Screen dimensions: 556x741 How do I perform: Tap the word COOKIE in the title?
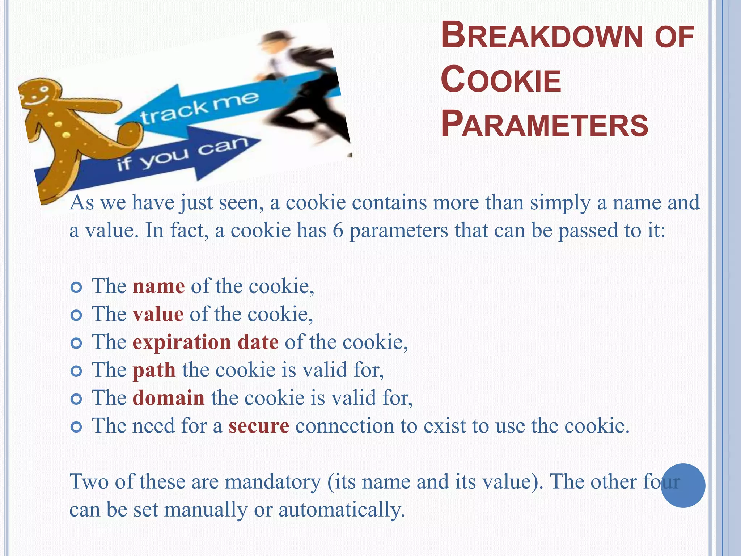[x=501, y=80]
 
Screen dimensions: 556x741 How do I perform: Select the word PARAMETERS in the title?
[x=545, y=125]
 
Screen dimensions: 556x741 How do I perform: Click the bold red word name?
[x=159, y=286]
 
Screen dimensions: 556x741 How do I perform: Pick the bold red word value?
[x=158, y=314]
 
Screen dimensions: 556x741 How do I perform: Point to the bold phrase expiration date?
[x=206, y=342]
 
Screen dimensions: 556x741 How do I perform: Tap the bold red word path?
[x=154, y=370]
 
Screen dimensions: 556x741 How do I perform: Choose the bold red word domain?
[x=169, y=398]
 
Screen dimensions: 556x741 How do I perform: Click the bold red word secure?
[x=259, y=426]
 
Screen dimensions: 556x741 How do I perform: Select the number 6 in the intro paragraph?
[x=338, y=231]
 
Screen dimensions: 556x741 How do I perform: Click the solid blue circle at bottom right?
[x=683, y=485]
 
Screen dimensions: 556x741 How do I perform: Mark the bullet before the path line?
[x=76, y=371]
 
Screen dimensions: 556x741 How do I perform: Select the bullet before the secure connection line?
[x=76, y=427]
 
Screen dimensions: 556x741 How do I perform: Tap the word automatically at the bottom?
[x=341, y=510]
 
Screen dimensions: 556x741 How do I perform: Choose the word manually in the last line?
[x=206, y=510]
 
